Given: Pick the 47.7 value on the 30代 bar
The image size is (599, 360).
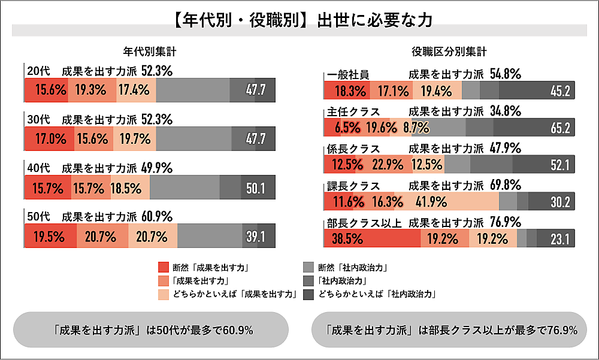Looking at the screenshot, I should pos(256,139).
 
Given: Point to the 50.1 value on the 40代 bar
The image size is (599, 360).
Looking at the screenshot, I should pos(256,188).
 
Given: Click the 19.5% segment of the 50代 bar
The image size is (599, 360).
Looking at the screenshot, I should pos(49,237).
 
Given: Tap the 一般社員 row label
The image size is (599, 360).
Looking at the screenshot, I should pos(348,75).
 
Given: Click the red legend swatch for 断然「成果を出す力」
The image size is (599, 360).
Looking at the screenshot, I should pos(163,267).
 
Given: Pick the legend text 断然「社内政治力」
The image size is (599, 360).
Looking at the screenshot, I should pos(350,267).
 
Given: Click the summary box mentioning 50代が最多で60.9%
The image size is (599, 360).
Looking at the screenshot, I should pos(150,329).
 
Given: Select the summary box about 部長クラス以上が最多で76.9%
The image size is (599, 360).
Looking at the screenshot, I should pos(449,329).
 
